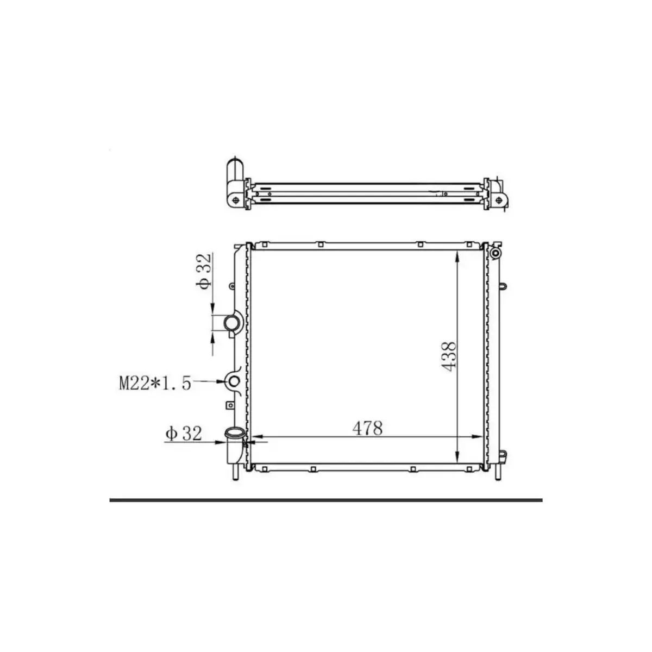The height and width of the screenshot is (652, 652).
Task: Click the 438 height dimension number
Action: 449,356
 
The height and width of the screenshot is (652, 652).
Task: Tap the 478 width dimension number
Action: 368,428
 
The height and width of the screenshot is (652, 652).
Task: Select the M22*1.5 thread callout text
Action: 155,384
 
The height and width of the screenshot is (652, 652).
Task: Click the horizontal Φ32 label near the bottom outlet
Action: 184,434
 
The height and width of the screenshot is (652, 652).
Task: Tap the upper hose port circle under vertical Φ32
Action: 231,324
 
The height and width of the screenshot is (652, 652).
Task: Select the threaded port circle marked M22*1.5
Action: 234,382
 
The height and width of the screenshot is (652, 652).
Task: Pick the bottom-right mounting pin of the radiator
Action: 497,473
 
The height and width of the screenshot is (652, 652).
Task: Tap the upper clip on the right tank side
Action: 504,286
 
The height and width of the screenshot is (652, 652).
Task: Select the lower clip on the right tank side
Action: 504,455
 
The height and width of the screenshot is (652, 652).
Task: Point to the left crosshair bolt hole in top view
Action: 235,200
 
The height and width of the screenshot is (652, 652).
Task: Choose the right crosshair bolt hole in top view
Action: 498,200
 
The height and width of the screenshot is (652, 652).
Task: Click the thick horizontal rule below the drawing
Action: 326,499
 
